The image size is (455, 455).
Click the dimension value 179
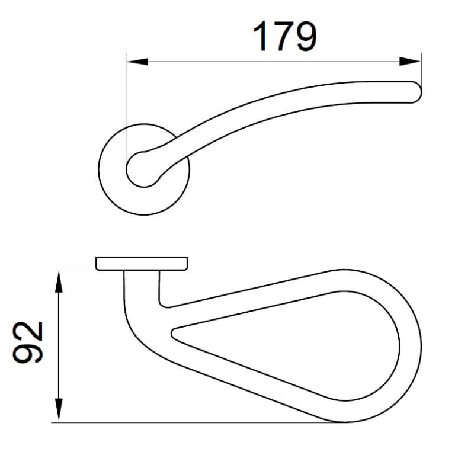(x=285, y=36)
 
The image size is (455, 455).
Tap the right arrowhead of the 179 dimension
(x=411, y=61)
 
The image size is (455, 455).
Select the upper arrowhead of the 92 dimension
(x=58, y=280)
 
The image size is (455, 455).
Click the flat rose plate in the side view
(x=141, y=263)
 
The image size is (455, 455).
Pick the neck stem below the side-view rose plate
(x=142, y=284)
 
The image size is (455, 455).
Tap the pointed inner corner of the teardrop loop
(x=174, y=332)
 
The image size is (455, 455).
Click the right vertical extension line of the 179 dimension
(x=421, y=68)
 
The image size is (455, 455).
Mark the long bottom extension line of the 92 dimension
(x=196, y=422)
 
